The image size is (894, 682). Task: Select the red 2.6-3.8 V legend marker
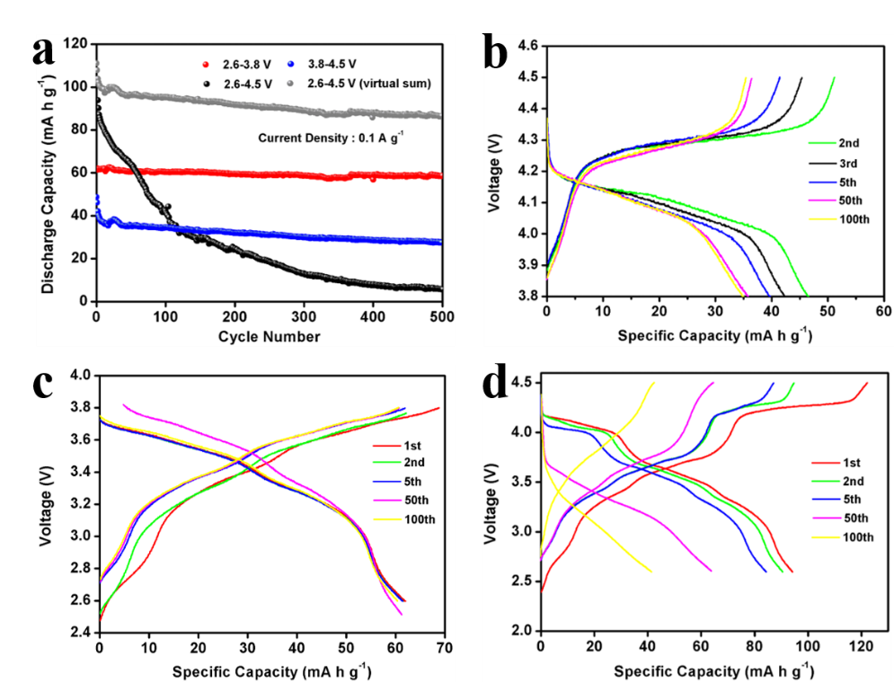point(206,65)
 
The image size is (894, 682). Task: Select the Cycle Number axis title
point(269,337)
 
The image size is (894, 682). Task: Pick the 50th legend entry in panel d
point(841,518)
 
